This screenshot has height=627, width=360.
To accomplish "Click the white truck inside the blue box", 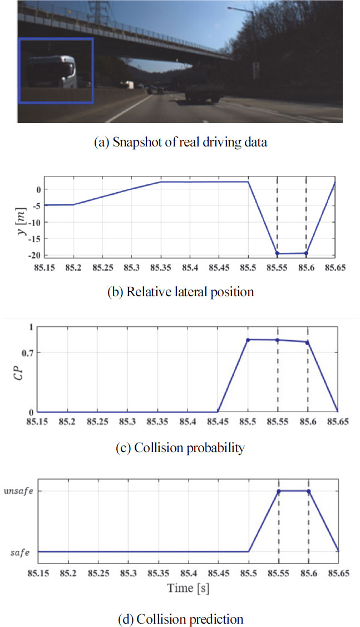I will [x=53, y=72].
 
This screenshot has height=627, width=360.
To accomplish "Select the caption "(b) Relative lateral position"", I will [x=180, y=292].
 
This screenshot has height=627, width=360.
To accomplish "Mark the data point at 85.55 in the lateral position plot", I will [x=277, y=253].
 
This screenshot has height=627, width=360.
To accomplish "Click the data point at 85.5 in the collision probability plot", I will [x=248, y=340].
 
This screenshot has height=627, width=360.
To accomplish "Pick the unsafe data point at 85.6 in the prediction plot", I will [x=308, y=491].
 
